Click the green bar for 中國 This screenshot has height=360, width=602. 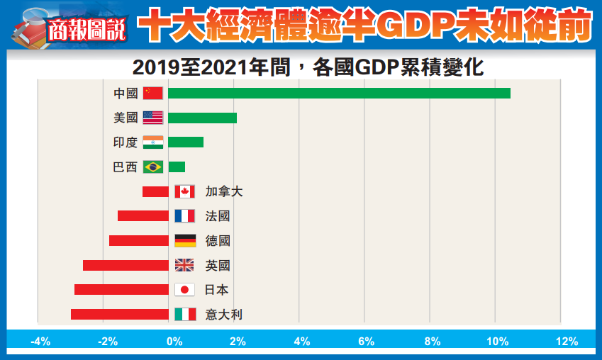[x=339, y=93]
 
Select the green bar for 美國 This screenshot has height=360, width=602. [x=202, y=118]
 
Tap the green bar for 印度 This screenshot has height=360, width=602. [x=186, y=142]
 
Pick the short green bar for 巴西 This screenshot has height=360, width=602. [x=177, y=167]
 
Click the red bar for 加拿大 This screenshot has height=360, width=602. [x=155, y=191]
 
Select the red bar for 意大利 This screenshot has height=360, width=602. [x=119, y=314]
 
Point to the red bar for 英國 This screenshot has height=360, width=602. [x=126, y=265]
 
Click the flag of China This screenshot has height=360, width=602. [x=152, y=93]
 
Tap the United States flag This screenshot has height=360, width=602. [x=152, y=118]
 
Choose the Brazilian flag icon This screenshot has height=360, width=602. [x=152, y=167]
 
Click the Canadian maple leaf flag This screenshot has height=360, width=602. [x=184, y=191]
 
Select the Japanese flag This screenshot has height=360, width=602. [x=184, y=289]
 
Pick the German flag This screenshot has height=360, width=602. [x=184, y=240]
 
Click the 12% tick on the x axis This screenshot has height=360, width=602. [x=567, y=342]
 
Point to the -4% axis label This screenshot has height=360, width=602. [x=40, y=342]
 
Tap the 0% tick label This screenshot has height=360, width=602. [x=174, y=342]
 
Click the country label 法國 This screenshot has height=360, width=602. [x=218, y=216]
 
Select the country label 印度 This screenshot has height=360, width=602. [x=126, y=142]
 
